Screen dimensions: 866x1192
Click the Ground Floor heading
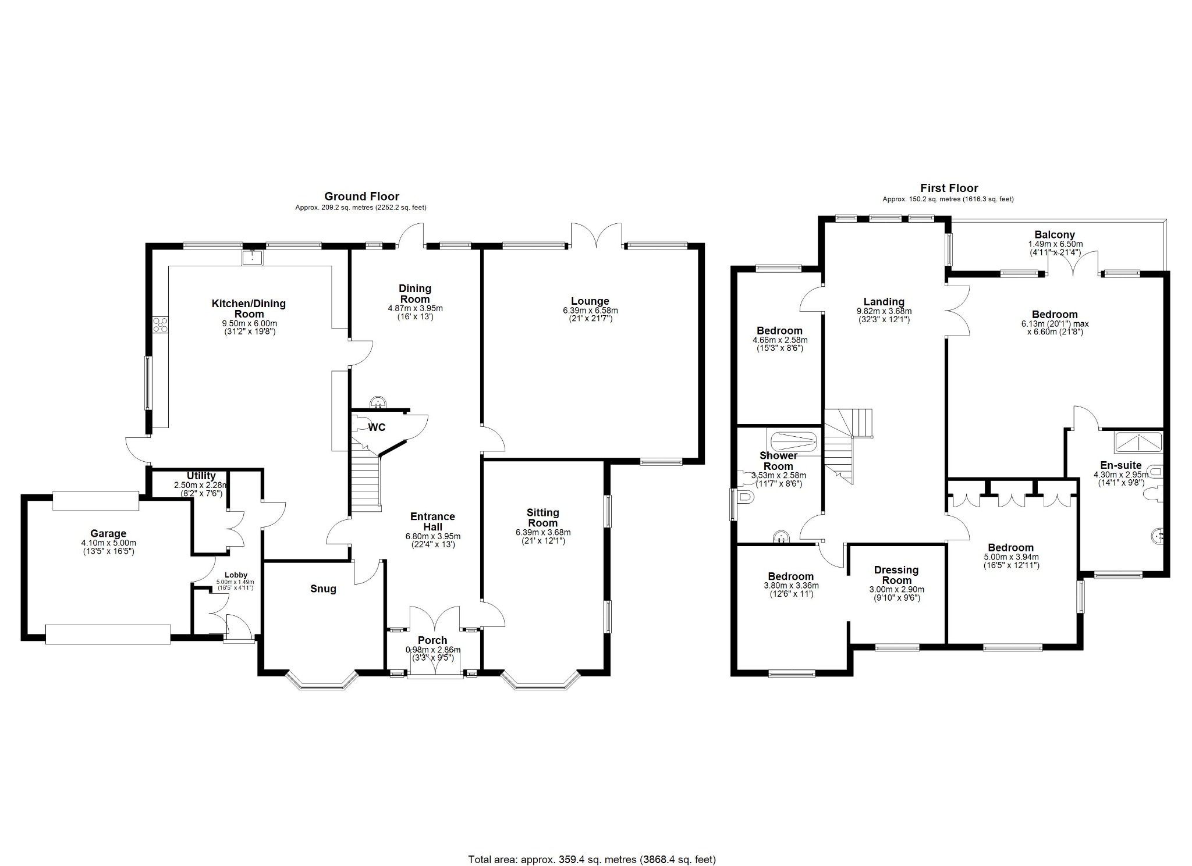tap(361, 197)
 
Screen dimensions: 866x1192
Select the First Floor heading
tap(949, 188)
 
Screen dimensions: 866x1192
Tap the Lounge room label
tap(590, 301)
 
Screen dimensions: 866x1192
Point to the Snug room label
tap(323, 589)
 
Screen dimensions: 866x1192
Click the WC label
tap(377, 427)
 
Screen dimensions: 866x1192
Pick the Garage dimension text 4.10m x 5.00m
tap(108, 543)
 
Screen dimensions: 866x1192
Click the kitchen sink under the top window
tap(253, 256)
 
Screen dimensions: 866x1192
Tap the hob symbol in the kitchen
tap(160, 325)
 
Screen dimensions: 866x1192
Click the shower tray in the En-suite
tap(1138, 443)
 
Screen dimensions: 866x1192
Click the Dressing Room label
tap(896, 575)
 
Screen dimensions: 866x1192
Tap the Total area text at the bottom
tap(591, 843)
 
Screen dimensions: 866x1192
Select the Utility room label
tap(201, 476)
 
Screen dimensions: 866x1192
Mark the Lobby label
tap(236, 575)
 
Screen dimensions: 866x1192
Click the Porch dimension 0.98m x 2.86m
tap(433, 650)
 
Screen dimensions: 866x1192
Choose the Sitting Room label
tap(542, 518)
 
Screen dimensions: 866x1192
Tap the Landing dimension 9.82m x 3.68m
tap(884, 311)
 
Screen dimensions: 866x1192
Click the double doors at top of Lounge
tap(597, 236)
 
